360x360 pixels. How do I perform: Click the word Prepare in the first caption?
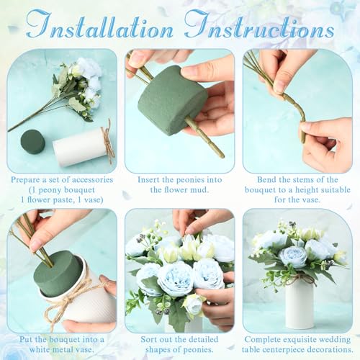(x=27, y=179)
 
